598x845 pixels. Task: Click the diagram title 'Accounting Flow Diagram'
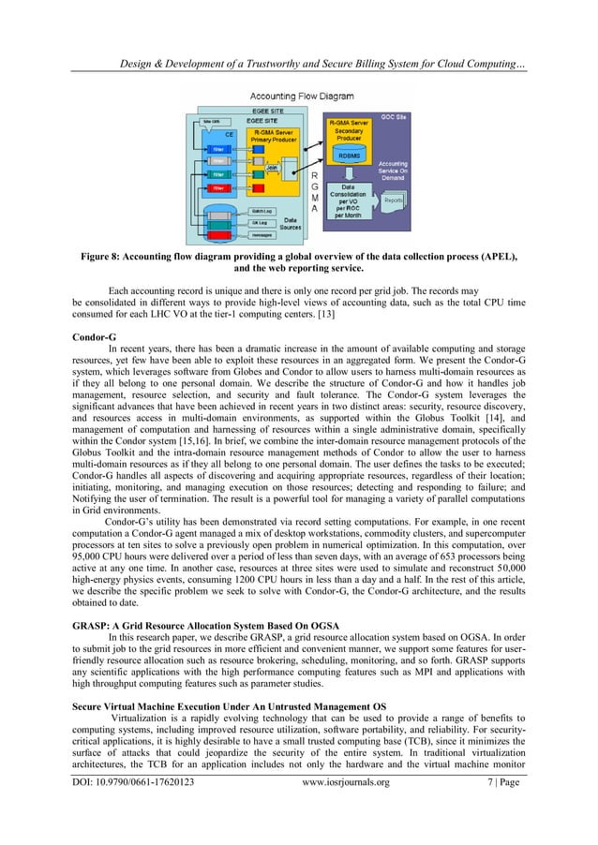pos(298,95)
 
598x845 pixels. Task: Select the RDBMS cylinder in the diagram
pos(343,156)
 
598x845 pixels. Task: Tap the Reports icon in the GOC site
pos(393,200)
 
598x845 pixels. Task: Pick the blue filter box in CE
pos(218,147)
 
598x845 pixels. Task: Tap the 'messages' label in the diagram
pos(262,237)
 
